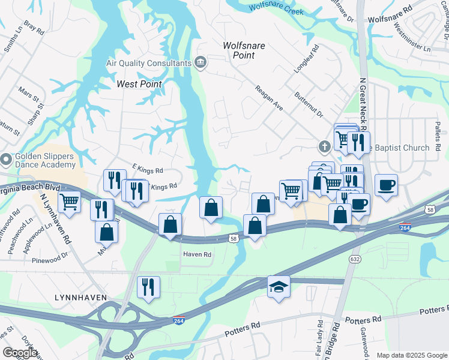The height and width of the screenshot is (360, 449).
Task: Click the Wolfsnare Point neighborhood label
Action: coord(239,50)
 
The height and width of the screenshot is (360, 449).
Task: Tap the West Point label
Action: coord(139,84)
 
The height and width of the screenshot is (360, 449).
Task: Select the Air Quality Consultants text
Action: coord(148,63)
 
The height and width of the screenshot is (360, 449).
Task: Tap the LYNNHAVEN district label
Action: coord(80,297)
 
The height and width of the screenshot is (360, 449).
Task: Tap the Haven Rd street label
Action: coord(197,254)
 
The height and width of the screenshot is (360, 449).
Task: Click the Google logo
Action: coord(20,353)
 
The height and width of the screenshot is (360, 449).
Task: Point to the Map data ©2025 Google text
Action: coord(411,355)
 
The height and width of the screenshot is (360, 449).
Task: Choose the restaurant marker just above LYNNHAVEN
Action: coord(148,286)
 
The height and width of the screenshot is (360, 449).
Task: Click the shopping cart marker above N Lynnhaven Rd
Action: coord(70,202)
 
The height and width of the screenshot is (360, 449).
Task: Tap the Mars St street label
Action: coord(28,94)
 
